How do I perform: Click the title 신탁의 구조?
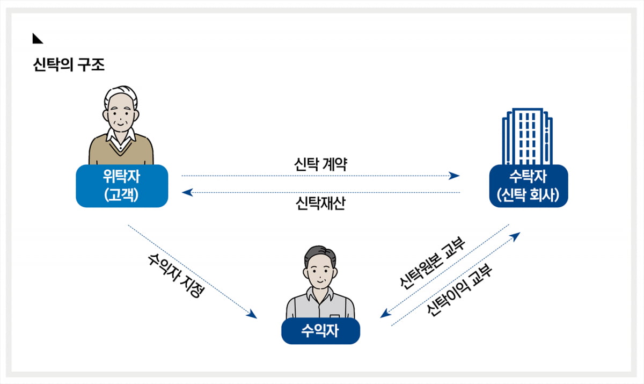click(x=69, y=65)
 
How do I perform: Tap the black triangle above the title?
click(x=36, y=38)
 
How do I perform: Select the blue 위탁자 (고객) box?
click(x=122, y=186)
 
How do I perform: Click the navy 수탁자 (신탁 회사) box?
click(x=529, y=186)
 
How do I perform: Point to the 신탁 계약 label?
click(x=320, y=164)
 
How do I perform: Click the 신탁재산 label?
click(x=320, y=204)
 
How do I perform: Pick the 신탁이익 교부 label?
click(x=460, y=291)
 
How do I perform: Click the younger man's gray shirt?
click(x=320, y=306)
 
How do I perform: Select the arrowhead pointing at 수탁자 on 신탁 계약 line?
click(x=455, y=176)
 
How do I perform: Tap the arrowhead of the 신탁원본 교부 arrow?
click(x=385, y=314)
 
